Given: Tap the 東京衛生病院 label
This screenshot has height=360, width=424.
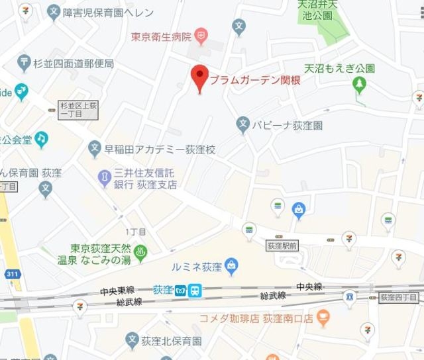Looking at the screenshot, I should tap(161, 36).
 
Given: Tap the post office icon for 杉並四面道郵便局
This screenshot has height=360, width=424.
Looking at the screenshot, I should tap(25, 64).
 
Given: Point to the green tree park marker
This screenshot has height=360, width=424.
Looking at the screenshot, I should tap(360, 84).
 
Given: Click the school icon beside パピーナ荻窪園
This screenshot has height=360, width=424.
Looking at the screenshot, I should tap(243, 123).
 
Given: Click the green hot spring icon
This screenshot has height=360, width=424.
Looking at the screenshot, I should tap(141, 252).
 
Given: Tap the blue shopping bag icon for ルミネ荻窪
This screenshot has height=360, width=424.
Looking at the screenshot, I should tap(231, 266).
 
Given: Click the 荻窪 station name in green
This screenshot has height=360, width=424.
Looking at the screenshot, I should tap(162, 290).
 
